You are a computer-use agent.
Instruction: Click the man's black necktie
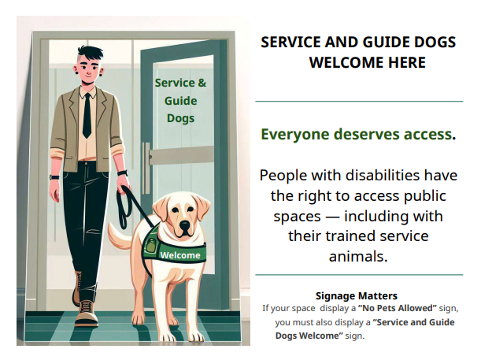point(87,114)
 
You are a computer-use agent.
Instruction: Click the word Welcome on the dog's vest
point(180,255)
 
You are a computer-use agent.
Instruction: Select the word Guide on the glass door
point(180,101)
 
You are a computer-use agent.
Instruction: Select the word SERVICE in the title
point(293,43)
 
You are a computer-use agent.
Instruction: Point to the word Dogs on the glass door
point(180,119)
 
